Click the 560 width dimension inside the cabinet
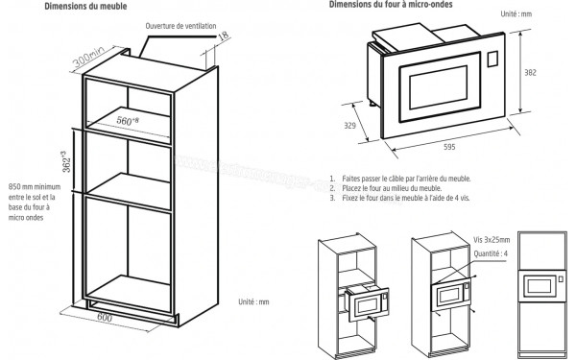(x=129, y=122)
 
